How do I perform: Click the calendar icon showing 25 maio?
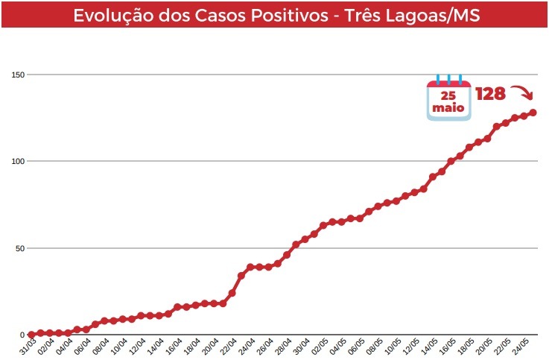448,98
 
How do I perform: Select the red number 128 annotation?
490,94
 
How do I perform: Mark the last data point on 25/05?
533,113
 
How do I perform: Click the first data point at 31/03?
31,335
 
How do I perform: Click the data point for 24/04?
250,267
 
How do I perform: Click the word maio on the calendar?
448,108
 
